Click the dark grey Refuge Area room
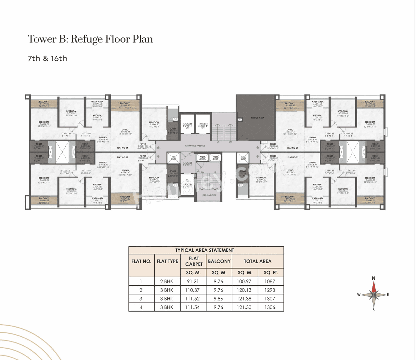tap(255, 118)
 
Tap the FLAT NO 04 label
tap(123, 148)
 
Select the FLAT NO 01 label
tap(292, 148)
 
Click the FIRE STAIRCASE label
tap(209, 195)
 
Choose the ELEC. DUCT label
tap(243, 158)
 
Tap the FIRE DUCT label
tap(174, 158)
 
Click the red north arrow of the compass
tap(374, 286)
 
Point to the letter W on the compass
tap(359, 295)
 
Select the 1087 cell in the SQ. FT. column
tap(270, 281)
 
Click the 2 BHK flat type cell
tap(167, 281)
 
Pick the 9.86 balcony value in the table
tap(219, 299)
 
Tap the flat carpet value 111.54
tap(193, 307)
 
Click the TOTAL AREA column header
tap(257, 261)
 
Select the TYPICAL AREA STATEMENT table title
tap(205, 250)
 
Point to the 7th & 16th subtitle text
tap(47, 58)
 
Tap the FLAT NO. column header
tap(141, 261)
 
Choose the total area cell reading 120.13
tap(244, 290)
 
